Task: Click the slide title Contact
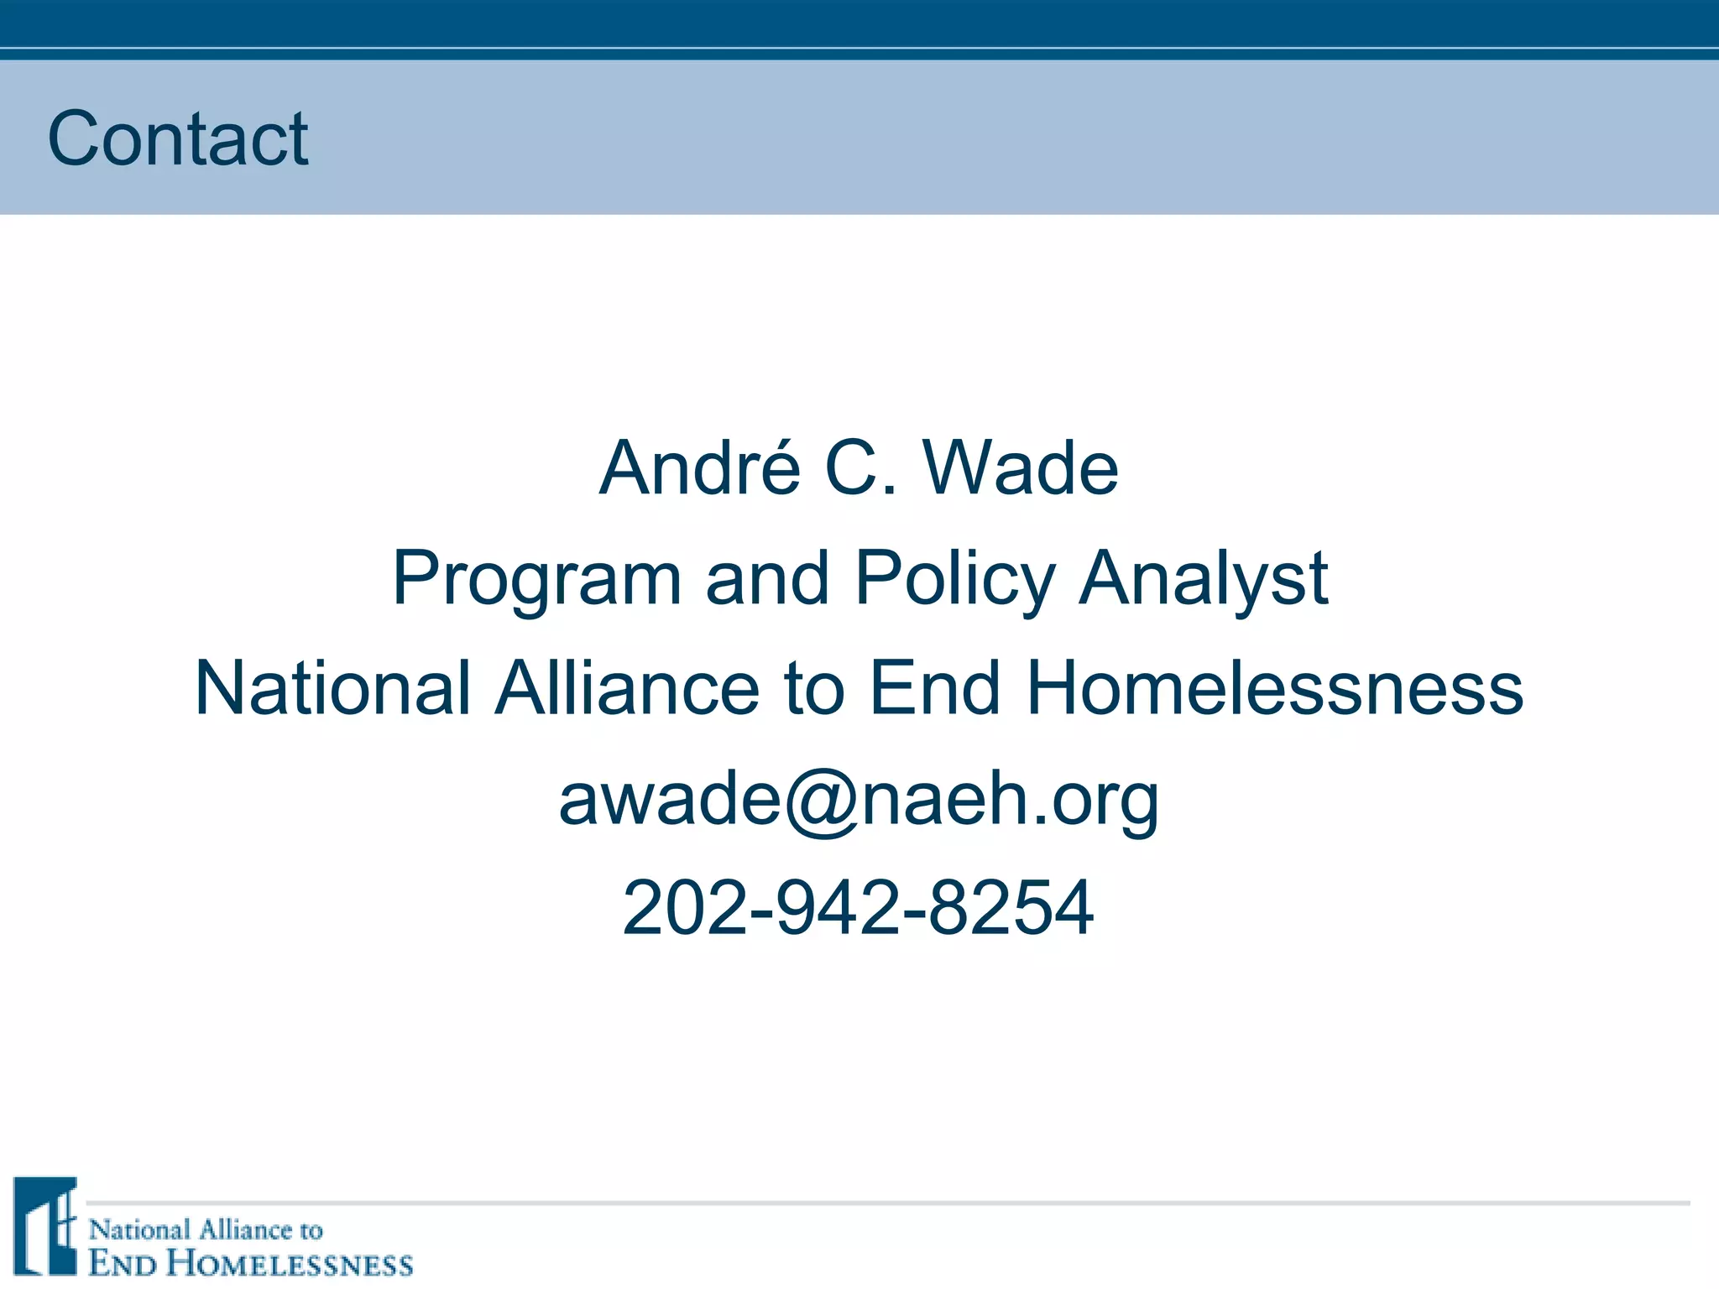tap(178, 138)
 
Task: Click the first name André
tap(700, 467)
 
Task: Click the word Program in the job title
tap(536, 579)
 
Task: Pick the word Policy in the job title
tap(955, 579)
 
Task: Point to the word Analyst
tap(1204, 579)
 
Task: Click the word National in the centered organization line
tap(332, 688)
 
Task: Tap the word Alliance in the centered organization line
tap(628, 688)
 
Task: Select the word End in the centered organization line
tap(935, 688)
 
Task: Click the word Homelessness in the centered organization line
tap(1274, 688)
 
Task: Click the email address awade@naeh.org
tap(859, 800)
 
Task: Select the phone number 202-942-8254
tap(859, 908)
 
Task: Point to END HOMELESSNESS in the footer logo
tap(251, 1264)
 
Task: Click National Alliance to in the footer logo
tap(206, 1230)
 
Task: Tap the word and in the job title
tap(768, 579)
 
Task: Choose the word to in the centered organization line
tap(813, 688)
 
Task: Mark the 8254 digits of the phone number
tap(1011, 908)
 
